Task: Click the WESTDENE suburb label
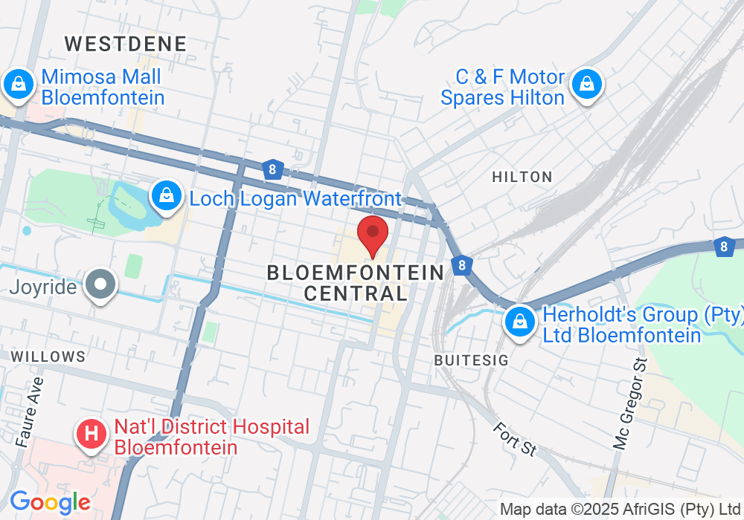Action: (125, 43)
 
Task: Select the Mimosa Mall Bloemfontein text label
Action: (103, 87)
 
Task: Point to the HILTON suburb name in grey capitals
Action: (522, 177)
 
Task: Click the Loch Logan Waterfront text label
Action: (295, 198)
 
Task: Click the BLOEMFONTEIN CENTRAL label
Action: (356, 283)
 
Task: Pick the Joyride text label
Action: (44, 287)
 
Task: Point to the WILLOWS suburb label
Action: (48, 357)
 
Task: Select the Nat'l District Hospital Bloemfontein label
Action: (211, 438)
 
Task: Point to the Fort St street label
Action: (513, 439)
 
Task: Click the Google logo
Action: (50, 503)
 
